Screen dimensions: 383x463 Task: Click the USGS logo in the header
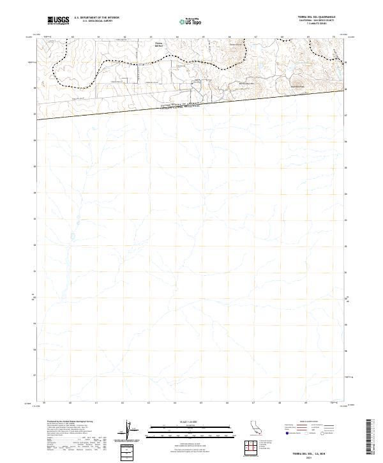(x=59, y=20)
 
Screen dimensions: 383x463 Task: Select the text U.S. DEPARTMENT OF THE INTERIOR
(x=97, y=18)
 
